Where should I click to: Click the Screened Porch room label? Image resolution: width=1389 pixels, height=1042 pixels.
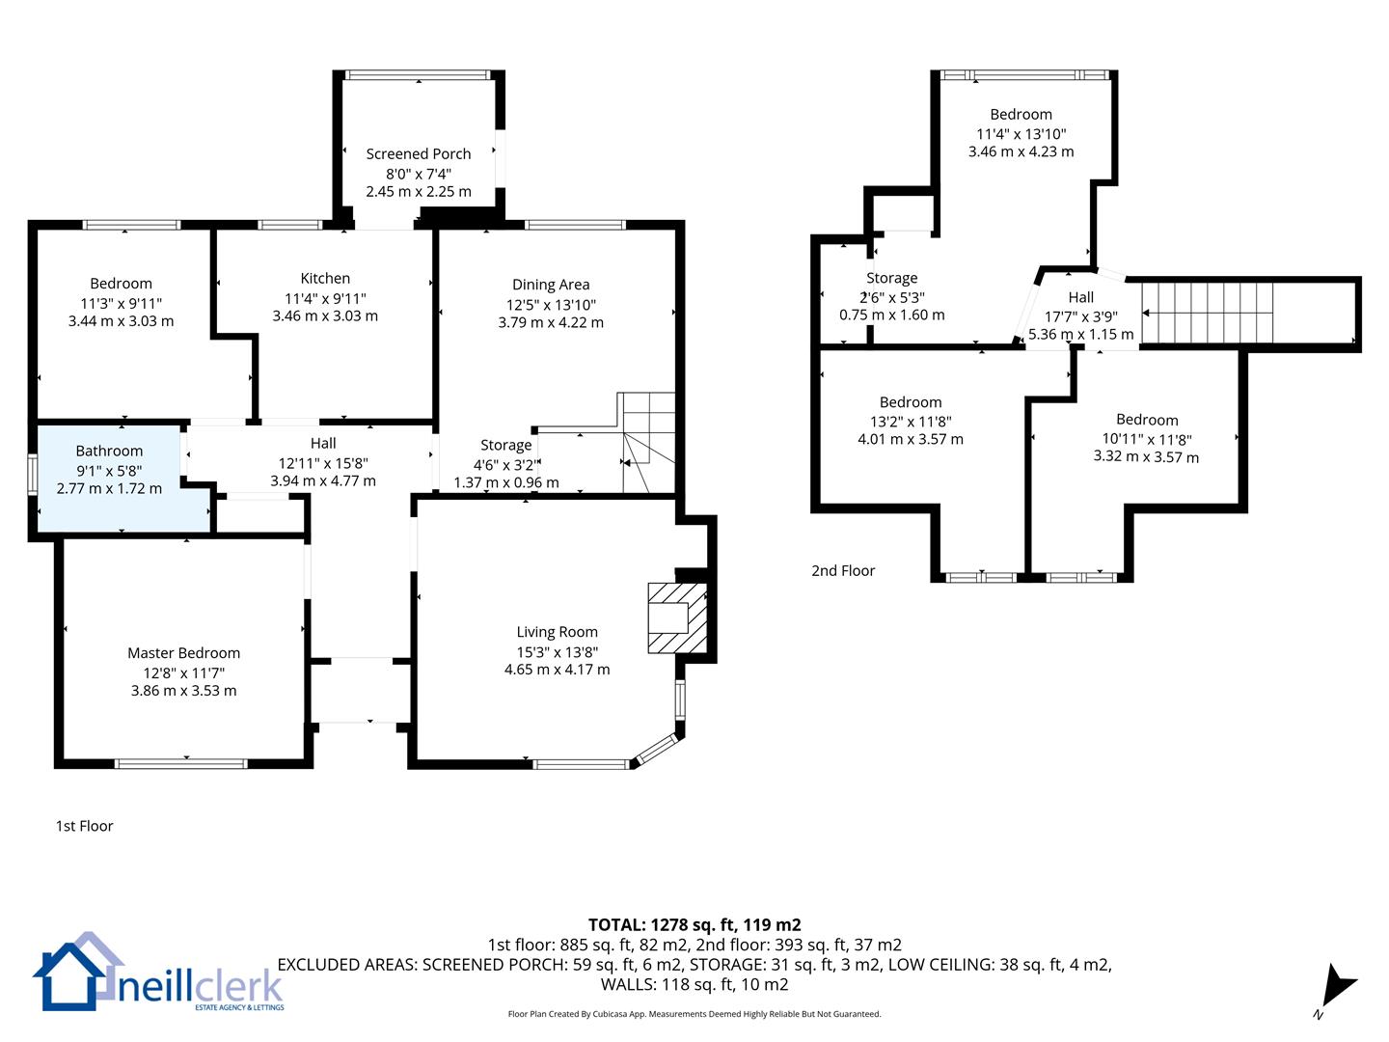(419, 153)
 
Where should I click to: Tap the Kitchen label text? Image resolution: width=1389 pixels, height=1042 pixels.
(325, 279)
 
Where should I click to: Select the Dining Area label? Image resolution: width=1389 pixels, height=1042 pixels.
(551, 285)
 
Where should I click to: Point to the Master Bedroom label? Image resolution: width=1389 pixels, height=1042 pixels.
(183, 653)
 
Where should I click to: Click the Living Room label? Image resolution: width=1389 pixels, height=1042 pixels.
(557, 632)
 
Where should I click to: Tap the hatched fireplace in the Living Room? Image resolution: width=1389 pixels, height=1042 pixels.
(677, 618)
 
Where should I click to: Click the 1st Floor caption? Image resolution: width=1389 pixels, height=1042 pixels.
(84, 826)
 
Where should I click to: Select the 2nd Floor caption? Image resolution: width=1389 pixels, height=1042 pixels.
(843, 570)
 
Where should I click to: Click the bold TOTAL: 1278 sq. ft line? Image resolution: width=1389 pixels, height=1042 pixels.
(694, 925)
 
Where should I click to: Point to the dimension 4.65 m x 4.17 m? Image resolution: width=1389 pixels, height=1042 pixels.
(557, 670)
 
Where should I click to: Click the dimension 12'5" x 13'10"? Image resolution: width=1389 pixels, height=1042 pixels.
(551, 305)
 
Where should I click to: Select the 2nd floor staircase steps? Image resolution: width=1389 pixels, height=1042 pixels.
(1207, 313)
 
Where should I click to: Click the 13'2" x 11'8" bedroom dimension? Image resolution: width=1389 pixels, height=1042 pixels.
(911, 422)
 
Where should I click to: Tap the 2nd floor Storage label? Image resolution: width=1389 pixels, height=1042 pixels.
(891, 278)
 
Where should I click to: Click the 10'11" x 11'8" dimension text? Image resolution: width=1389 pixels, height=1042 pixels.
(1147, 439)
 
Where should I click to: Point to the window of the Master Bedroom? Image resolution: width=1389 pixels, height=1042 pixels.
(181, 763)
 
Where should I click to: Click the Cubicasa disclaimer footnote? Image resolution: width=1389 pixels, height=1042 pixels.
(694, 1014)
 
